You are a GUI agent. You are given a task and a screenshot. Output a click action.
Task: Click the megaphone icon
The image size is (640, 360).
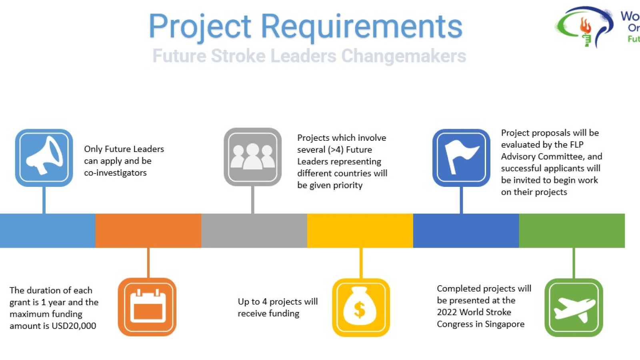tap(44, 158)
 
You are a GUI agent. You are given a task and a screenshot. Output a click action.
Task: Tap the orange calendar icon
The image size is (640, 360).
tap(147, 307)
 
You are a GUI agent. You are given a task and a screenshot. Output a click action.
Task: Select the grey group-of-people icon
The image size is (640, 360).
tap(252, 157)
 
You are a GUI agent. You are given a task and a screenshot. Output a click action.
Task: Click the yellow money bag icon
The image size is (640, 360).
tap(361, 308)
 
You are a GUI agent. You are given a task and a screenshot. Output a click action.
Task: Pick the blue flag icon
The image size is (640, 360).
tap(461, 158)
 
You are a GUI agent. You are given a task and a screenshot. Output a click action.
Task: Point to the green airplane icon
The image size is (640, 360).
tap(574, 308)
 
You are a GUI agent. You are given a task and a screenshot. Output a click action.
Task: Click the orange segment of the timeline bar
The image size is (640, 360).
tap(148, 230)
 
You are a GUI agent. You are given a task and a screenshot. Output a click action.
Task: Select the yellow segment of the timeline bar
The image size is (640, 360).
tap(360, 230)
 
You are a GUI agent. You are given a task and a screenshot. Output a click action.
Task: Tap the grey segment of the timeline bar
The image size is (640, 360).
tap(254, 230)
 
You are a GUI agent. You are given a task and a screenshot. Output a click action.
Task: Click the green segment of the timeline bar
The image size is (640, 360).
tap(572, 230)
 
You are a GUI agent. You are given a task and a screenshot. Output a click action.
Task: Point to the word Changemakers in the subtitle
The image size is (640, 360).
tap(404, 56)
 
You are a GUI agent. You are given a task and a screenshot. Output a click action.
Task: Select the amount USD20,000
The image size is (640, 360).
tap(74, 326)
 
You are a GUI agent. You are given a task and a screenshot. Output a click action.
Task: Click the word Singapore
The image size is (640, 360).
tap(504, 324)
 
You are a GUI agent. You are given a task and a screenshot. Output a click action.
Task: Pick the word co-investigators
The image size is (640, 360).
tap(115, 173)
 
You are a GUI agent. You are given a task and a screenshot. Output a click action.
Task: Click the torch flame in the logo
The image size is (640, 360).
tap(585, 26)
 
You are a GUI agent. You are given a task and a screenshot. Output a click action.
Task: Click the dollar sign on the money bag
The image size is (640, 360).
tap(360, 310)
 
